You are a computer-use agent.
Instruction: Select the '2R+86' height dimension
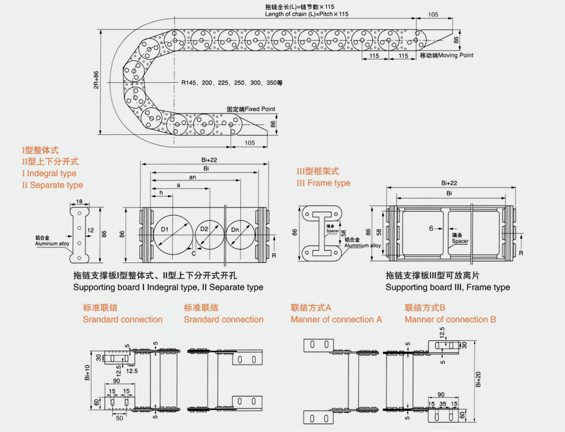97,80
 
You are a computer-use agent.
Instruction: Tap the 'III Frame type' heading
323,183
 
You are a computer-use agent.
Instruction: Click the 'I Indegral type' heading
49,173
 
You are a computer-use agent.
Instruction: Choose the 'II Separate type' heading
52,185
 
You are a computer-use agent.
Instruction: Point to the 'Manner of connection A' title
336,319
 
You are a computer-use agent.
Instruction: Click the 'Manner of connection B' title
450,319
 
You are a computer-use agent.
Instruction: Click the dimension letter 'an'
192,177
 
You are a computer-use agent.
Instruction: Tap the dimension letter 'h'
161,193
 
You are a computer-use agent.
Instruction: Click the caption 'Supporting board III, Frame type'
448,287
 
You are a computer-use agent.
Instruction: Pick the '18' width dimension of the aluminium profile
80,201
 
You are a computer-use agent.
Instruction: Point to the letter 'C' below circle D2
194,253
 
